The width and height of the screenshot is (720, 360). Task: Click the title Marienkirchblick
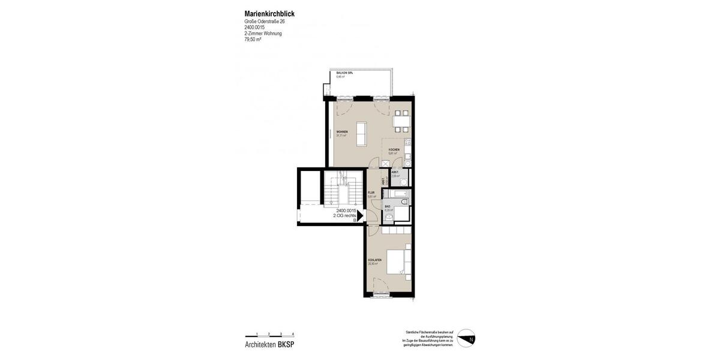point(269,14)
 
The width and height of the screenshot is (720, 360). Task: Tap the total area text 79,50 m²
point(253,40)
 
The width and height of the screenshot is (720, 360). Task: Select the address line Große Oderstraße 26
point(265,22)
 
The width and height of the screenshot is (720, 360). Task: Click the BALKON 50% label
point(344,73)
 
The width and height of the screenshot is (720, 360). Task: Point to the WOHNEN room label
point(342,132)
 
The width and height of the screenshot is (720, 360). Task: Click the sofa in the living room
point(362,134)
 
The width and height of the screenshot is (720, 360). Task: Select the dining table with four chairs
point(401,121)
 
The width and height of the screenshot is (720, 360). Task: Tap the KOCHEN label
point(394,149)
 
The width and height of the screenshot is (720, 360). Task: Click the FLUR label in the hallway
point(371,193)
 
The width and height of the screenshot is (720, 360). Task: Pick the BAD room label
point(388,206)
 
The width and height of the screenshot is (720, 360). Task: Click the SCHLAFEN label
point(374,260)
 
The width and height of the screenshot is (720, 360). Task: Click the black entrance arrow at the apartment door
point(360,215)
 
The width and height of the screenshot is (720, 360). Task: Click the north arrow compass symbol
point(466,338)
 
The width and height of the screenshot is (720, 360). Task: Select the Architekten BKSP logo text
point(269,344)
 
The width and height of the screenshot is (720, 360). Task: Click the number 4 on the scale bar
point(293,334)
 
